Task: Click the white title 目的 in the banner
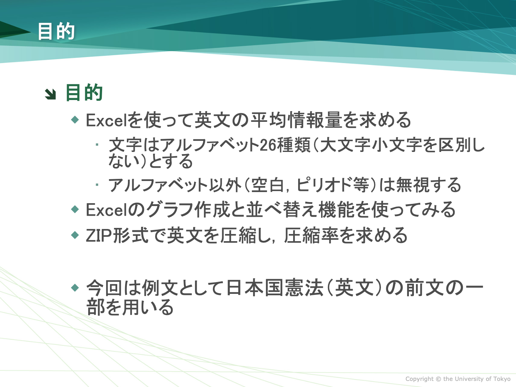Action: point(56,31)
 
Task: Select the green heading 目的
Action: point(84,92)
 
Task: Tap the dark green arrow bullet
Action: point(50,94)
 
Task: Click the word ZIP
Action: point(99,236)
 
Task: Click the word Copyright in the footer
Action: point(419,379)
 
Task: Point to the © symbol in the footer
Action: point(438,379)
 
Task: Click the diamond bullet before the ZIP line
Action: point(75,235)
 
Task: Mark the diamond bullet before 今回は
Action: point(75,288)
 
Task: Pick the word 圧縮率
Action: point(311,235)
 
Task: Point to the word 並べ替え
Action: point(282,210)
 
